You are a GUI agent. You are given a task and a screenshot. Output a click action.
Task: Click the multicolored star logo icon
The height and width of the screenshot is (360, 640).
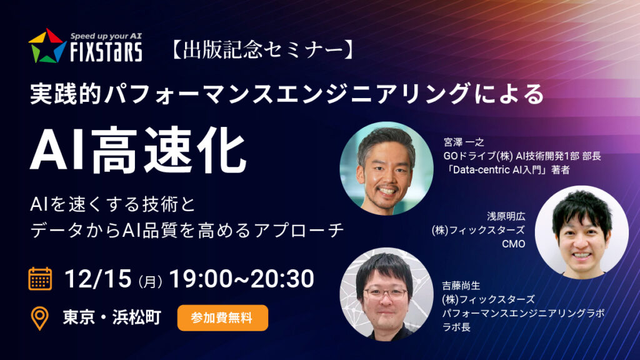click(47, 46)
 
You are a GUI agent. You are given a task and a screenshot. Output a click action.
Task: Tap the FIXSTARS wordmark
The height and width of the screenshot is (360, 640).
click(106, 52)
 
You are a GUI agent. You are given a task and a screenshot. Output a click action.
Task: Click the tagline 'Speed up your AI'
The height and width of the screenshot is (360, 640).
click(106, 36)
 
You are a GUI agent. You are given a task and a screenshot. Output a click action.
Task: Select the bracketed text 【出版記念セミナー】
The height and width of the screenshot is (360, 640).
click(262, 50)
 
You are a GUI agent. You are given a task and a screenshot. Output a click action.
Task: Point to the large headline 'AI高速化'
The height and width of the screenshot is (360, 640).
click(138, 150)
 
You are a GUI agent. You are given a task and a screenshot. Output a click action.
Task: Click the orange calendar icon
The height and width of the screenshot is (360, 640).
click(40, 279)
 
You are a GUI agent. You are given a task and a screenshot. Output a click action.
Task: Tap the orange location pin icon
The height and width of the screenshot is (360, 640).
click(39, 318)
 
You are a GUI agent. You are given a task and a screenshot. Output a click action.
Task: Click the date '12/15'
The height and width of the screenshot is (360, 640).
click(97, 279)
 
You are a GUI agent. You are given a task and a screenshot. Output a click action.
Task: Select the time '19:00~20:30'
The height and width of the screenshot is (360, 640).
click(242, 279)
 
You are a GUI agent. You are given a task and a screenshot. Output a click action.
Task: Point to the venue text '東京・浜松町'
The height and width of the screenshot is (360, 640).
click(112, 317)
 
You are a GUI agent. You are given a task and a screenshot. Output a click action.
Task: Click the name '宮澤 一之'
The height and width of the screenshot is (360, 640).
click(464, 142)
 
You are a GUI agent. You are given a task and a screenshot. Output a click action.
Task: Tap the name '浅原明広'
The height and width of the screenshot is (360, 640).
click(506, 216)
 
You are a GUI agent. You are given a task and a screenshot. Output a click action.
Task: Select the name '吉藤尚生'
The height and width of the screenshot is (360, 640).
click(461, 285)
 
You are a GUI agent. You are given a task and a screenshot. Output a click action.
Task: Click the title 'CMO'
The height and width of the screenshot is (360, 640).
click(514, 244)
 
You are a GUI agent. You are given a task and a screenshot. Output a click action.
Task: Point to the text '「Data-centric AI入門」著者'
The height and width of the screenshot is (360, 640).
click(507, 169)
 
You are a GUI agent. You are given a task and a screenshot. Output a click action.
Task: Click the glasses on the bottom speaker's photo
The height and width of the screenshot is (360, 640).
click(385, 294)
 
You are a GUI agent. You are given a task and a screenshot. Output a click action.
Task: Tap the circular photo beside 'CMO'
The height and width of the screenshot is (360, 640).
click(582, 232)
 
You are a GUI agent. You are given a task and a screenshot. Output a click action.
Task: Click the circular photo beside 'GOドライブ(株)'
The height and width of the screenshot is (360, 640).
click(386, 168)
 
